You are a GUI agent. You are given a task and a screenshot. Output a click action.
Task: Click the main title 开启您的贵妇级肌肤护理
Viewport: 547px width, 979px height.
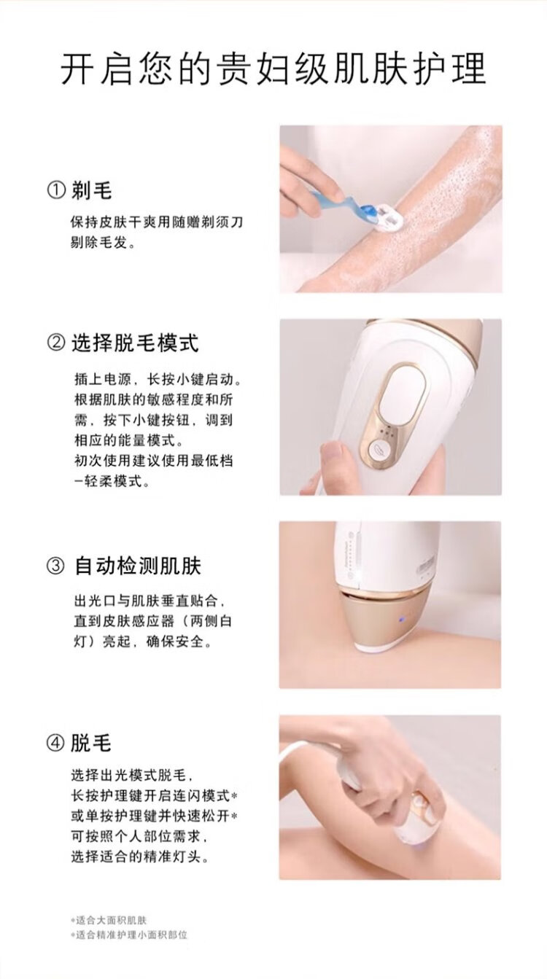click(x=273, y=69)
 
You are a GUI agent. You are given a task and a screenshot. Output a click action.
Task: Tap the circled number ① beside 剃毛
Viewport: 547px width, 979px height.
click(x=56, y=191)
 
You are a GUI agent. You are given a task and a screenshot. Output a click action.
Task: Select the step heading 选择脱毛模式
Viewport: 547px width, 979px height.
click(x=135, y=343)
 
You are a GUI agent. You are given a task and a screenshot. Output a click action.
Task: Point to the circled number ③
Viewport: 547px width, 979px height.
click(x=55, y=566)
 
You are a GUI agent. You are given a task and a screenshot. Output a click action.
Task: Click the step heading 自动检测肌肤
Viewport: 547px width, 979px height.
click(x=138, y=566)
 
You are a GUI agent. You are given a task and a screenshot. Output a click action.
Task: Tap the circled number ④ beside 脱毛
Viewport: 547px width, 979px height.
click(x=55, y=743)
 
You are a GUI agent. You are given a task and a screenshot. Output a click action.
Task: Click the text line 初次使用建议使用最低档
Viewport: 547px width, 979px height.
click(x=153, y=460)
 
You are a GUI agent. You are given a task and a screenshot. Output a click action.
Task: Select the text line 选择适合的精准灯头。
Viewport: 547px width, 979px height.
click(x=140, y=857)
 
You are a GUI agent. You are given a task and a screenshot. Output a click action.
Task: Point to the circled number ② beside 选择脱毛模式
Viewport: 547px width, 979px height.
click(x=56, y=343)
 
